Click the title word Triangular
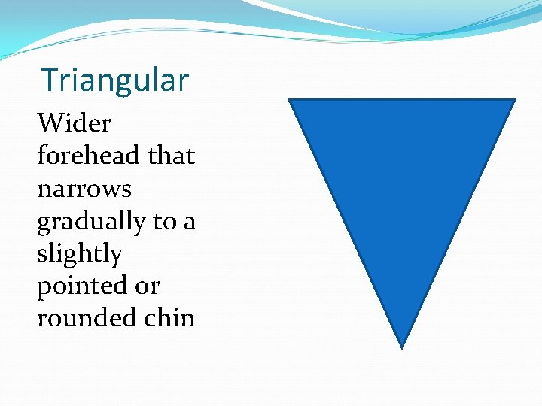[x=114, y=80]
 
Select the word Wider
[x=74, y=123]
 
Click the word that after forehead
[x=171, y=156]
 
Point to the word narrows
[x=84, y=189]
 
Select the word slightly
[x=79, y=253]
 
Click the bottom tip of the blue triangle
[x=402, y=347]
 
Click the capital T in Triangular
[x=50, y=80]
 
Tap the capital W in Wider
[x=50, y=123]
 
